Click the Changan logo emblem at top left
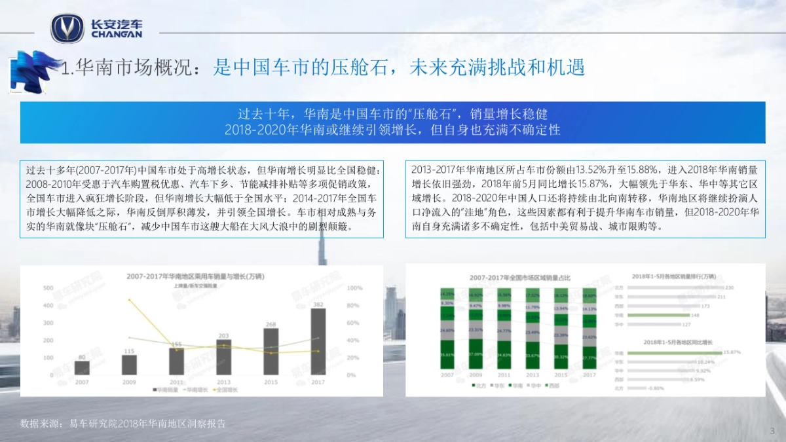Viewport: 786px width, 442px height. click(x=67, y=28)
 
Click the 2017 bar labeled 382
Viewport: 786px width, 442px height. click(x=318, y=341)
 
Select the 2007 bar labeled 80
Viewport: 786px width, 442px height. click(x=82, y=367)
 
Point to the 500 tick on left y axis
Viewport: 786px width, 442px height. click(x=48, y=288)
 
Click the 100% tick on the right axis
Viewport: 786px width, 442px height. click(x=354, y=288)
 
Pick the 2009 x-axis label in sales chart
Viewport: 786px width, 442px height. click(x=129, y=382)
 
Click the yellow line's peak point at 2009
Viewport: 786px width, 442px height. click(x=129, y=300)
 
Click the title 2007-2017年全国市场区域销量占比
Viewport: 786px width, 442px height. click(x=519, y=278)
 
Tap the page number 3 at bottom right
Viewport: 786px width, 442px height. click(x=772, y=430)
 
